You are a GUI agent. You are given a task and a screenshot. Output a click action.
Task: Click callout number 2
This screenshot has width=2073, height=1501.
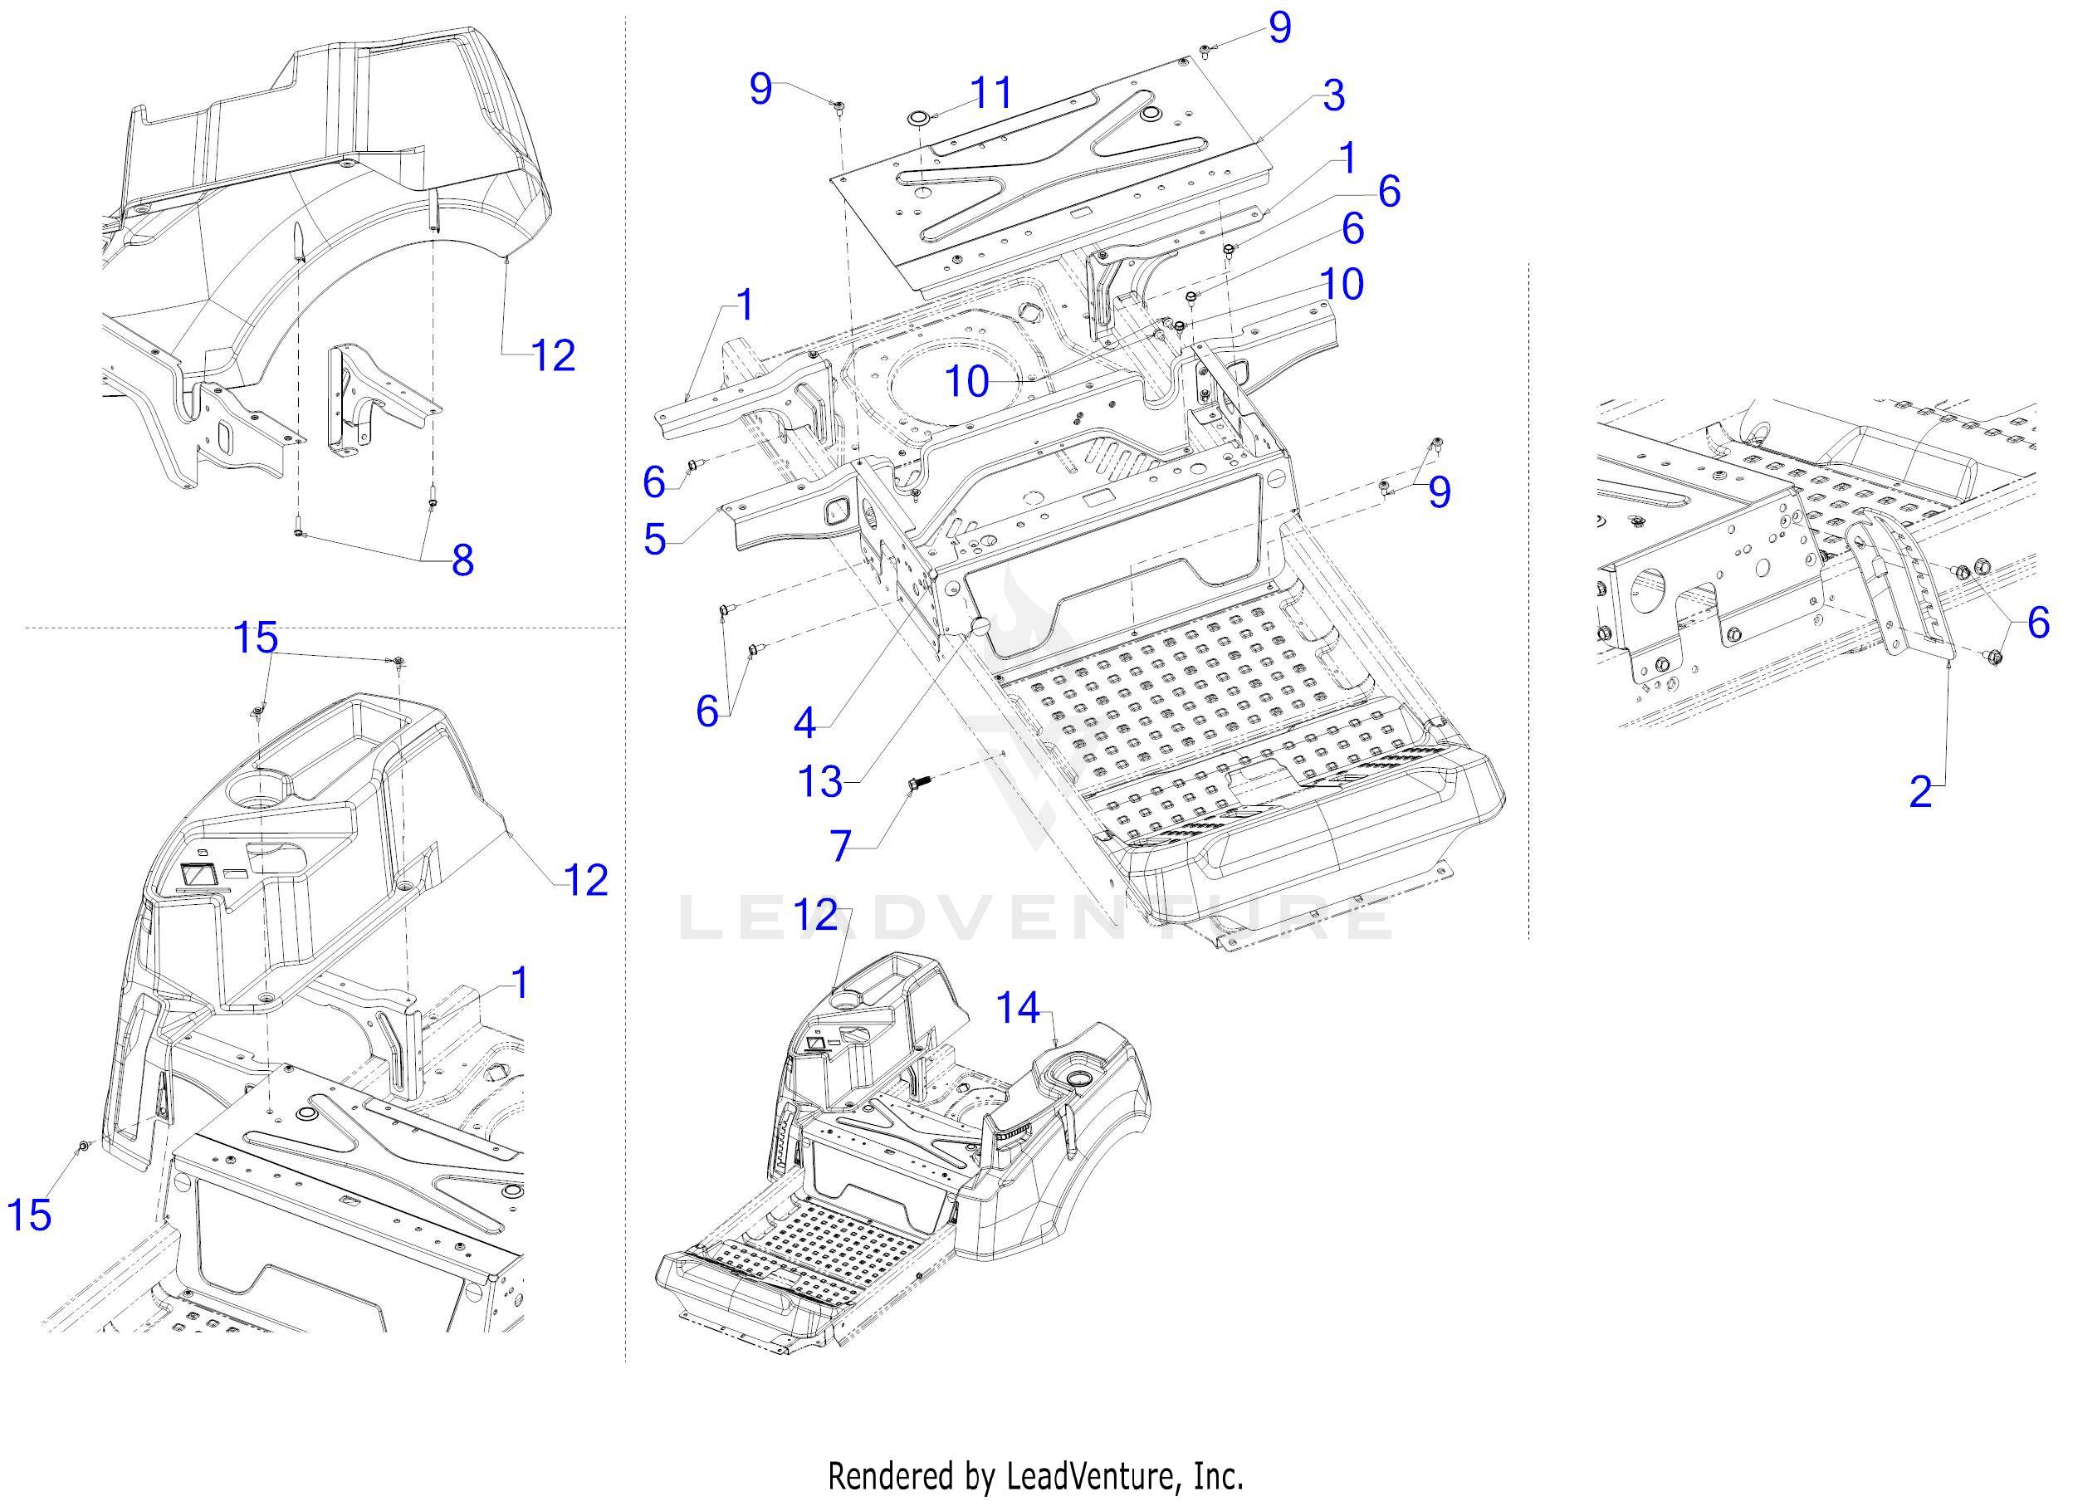pyautogui.click(x=1920, y=792)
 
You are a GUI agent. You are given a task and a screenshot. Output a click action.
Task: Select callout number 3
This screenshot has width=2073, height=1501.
pyautogui.click(x=1333, y=96)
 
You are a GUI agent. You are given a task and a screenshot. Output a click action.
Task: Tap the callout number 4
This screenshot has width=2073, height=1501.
pyautogui.click(x=804, y=723)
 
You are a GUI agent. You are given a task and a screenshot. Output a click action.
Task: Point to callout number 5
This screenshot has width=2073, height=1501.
pyautogui.click(x=654, y=540)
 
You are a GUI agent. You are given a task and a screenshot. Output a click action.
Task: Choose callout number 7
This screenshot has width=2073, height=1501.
pyautogui.click(x=841, y=846)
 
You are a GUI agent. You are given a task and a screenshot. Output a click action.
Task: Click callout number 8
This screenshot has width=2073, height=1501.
pyautogui.click(x=462, y=560)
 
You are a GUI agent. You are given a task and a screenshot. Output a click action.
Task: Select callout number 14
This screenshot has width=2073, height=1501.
pyautogui.click(x=1017, y=1009)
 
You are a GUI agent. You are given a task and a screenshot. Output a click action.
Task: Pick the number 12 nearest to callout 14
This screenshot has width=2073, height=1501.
pyautogui.click(x=815, y=914)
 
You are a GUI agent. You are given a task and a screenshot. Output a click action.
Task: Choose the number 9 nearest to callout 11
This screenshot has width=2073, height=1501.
pyautogui.click(x=760, y=89)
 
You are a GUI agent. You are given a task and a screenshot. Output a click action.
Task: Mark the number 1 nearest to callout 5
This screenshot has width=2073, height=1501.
pyautogui.click(x=746, y=306)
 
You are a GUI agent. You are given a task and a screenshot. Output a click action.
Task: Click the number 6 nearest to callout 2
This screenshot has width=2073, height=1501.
pyautogui.click(x=2038, y=623)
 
